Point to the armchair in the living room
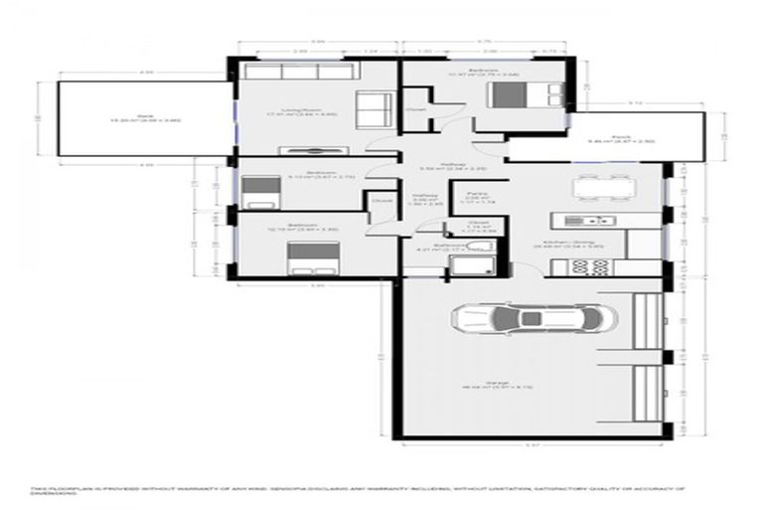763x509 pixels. click(x=373, y=106)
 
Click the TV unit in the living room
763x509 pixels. click(x=310, y=149)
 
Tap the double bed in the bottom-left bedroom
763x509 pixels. click(x=303, y=258)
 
